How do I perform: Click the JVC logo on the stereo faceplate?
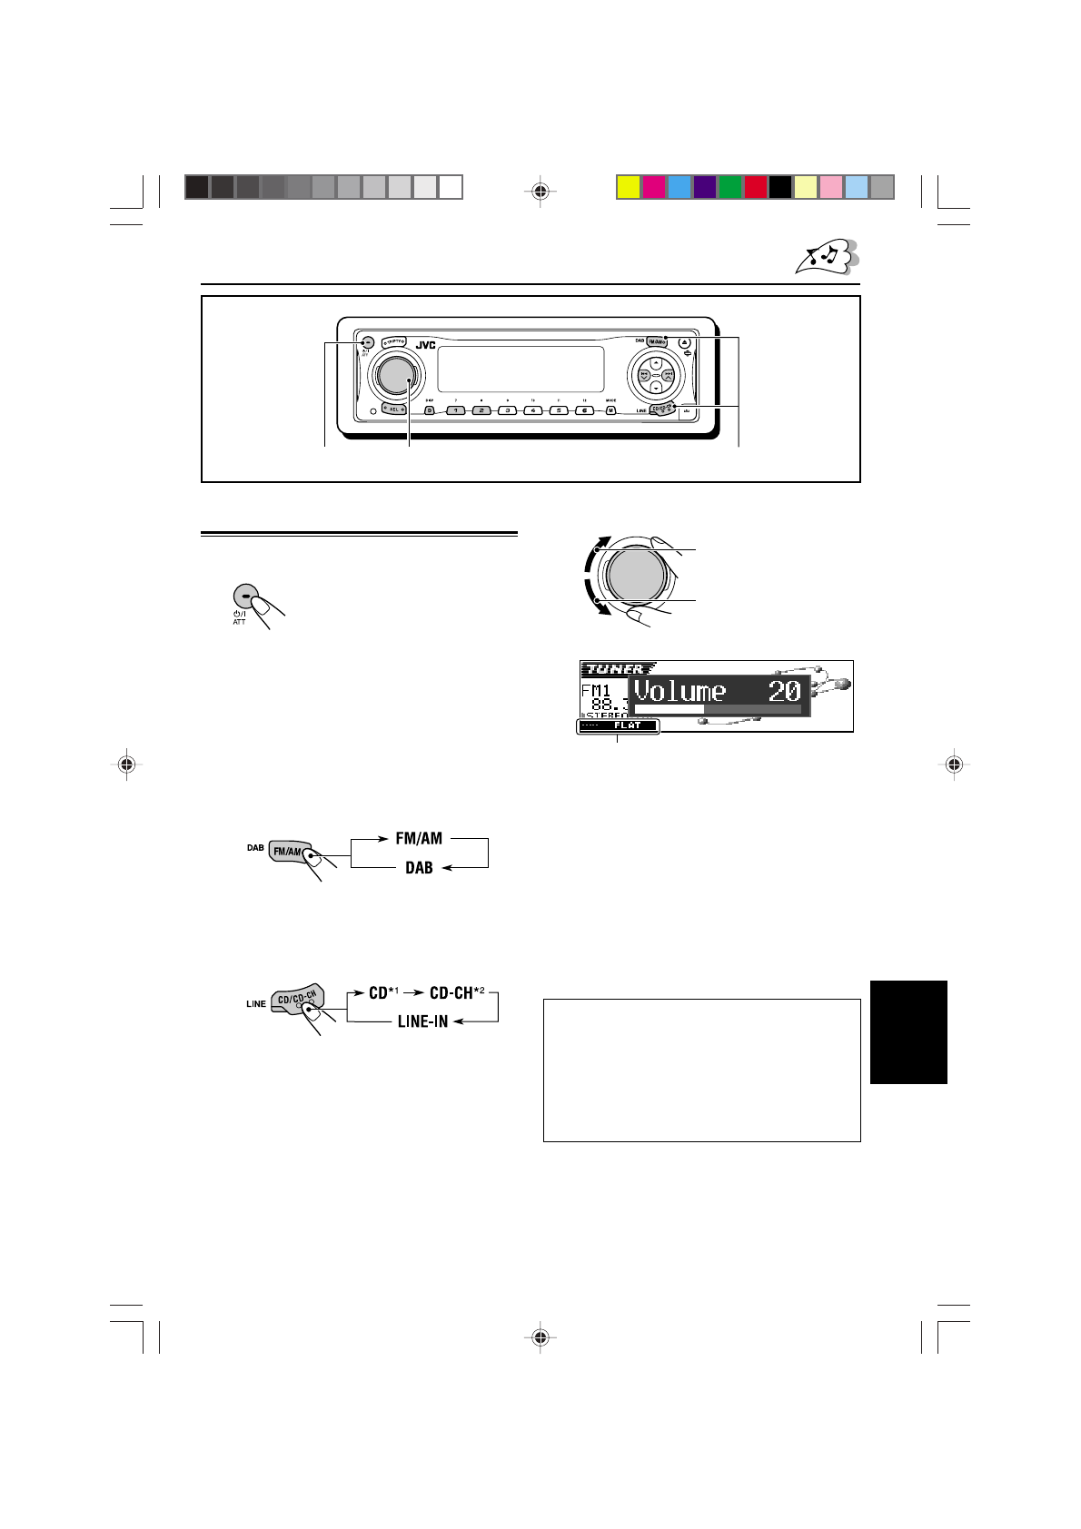pyautogui.click(x=425, y=345)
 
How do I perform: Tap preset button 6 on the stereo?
pyautogui.click(x=586, y=410)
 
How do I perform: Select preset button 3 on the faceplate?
pyautogui.click(x=508, y=410)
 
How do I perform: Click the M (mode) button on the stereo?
pyautogui.click(x=610, y=410)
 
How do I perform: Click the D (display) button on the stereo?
pyautogui.click(x=430, y=410)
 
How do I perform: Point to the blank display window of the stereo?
pyautogui.click(x=521, y=368)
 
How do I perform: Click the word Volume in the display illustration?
pyautogui.click(x=680, y=692)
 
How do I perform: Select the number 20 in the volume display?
pyautogui.click(x=784, y=692)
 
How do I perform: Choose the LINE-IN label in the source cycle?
pyautogui.click(x=423, y=1021)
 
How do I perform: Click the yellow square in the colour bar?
pyautogui.click(x=628, y=187)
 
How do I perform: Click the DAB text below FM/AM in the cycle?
pyautogui.click(x=419, y=868)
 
